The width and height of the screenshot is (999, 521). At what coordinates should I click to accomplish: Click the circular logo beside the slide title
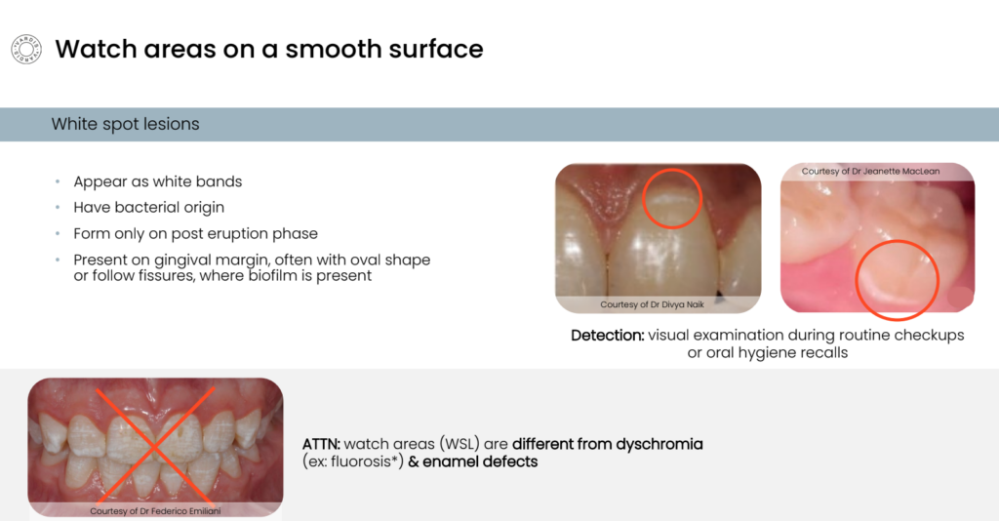click(x=26, y=50)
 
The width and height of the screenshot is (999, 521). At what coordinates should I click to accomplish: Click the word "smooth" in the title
click(x=328, y=49)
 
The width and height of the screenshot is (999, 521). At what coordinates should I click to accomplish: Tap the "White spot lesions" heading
click(x=126, y=124)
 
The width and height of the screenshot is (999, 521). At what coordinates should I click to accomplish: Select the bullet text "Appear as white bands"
click(x=158, y=182)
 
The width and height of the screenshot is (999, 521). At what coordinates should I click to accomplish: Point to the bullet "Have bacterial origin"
click(x=149, y=208)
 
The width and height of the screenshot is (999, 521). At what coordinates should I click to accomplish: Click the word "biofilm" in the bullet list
click(x=274, y=276)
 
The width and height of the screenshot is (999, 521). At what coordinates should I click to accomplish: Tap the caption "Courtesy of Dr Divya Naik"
click(x=652, y=304)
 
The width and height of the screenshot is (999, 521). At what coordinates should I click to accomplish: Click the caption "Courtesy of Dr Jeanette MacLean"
click(x=870, y=172)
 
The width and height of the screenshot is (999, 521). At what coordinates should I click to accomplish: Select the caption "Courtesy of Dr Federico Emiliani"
click(x=155, y=511)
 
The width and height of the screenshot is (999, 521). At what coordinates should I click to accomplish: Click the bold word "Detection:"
click(x=607, y=335)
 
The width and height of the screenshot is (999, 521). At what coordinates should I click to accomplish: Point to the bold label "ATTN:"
click(x=321, y=444)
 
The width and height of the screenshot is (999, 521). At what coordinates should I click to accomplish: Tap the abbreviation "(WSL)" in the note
click(x=459, y=444)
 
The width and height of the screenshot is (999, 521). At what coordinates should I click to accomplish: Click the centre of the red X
click(x=155, y=447)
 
